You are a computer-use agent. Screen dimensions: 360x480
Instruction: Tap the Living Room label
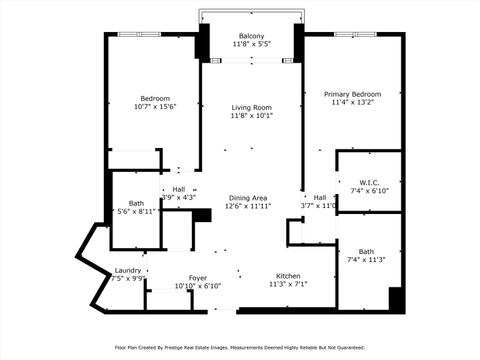[252, 107]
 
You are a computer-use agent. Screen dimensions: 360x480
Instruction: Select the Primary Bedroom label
[354, 93]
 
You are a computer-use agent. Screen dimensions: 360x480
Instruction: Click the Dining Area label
[247, 198]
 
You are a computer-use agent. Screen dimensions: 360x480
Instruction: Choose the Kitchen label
[288, 275]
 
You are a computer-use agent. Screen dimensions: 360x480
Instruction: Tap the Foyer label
[198, 278]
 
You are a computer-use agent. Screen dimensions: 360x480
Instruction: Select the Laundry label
[127, 270]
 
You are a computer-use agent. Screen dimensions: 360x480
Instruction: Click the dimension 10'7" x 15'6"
[154, 107]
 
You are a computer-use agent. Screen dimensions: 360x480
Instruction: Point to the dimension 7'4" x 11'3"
[366, 260]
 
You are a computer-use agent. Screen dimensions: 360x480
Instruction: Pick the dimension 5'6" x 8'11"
[134, 211]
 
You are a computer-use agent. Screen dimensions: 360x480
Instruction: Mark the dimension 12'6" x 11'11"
[247, 207]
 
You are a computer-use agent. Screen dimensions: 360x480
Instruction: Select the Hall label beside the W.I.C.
[320, 198]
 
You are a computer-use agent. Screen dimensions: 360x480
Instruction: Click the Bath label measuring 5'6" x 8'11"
[134, 202]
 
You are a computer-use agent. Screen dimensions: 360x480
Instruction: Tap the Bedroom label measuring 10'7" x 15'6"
[154, 98]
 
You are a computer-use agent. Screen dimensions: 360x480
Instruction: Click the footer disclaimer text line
[240, 347]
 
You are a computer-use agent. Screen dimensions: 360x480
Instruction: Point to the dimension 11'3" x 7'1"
[288, 284]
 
